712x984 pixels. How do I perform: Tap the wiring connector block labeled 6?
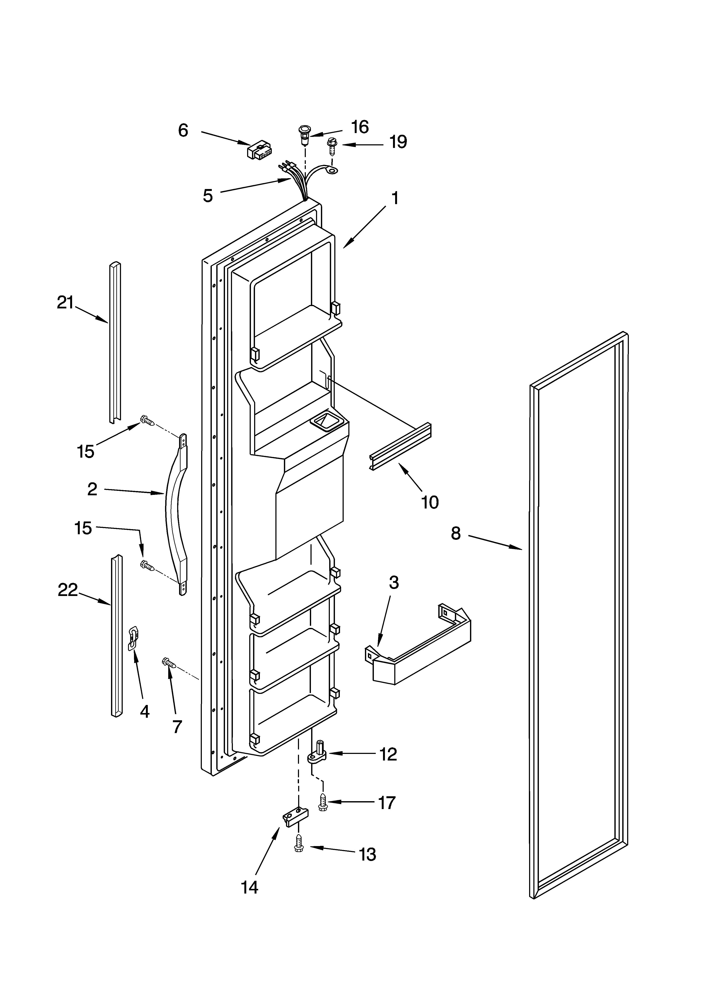tap(259, 150)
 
